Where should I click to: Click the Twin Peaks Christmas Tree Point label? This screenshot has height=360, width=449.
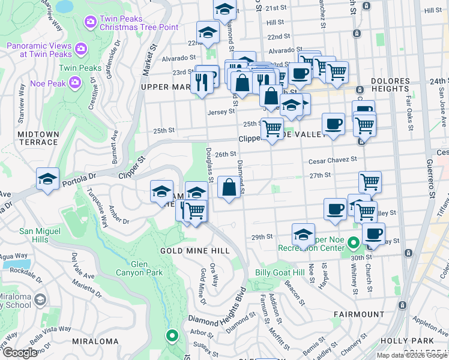(x=130, y=23)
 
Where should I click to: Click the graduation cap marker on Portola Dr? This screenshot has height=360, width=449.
(x=48, y=179)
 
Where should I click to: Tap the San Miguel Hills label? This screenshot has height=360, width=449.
(x=40, y=235)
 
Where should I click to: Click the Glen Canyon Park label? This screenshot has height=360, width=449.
(x=147, y=268)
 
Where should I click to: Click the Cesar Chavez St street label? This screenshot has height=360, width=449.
(x=333, y=160)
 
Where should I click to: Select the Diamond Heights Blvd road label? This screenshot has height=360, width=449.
(x=217, y=313)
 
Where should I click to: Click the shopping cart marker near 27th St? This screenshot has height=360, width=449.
(x=370, y=181)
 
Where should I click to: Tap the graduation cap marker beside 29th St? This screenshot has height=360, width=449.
(x=304, y=233)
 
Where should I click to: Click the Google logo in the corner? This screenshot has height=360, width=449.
(x=19, y=353)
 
